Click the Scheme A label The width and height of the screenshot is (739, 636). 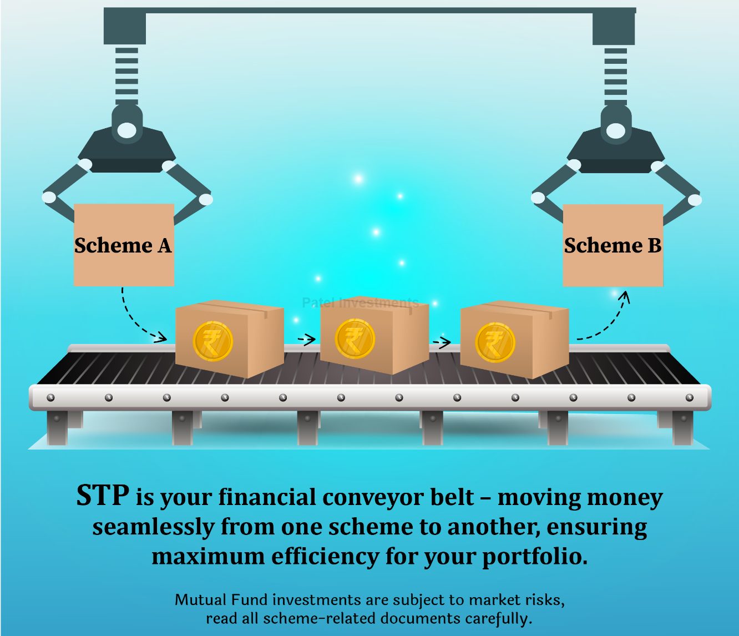123,245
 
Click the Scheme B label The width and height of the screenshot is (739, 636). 613,245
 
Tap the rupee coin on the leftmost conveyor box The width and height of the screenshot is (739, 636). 212,341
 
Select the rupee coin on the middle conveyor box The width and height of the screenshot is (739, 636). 355,339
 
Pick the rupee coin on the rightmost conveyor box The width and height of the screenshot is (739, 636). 495,342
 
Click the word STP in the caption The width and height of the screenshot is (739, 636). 103,496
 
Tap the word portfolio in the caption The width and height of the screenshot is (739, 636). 535,557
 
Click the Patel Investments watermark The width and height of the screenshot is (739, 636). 361,302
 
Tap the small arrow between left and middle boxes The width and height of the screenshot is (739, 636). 306,339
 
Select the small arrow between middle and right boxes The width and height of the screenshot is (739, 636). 442,342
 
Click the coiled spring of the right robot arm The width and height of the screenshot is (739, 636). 616,77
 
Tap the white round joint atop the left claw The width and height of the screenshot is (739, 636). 127,130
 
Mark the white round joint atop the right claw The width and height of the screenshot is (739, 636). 616,131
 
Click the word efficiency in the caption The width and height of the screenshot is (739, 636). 325,557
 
